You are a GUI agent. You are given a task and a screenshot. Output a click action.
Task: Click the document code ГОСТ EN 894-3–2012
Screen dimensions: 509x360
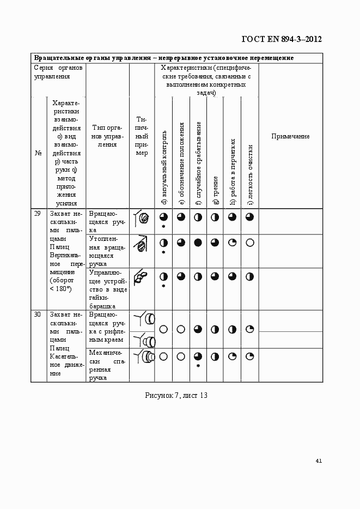pyautogui.click(x=281, y=39)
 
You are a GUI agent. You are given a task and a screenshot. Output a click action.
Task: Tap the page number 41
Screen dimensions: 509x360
pyautogui.click(x=319, y=460)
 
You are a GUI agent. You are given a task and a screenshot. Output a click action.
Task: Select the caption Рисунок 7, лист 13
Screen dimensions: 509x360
pyautogui.click(x=176, y=395)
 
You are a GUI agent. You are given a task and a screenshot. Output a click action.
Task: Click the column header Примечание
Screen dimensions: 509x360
pyautogui.click(x=290, y=136)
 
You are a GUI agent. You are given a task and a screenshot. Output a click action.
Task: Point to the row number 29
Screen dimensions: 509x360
pyautogui.click(x=38, y=214)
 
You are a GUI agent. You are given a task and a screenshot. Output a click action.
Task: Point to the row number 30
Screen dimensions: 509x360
pyautogui.click(x=38, y=314)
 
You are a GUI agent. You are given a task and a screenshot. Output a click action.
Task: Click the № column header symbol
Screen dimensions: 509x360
pyautogui.click(x=39, y=153)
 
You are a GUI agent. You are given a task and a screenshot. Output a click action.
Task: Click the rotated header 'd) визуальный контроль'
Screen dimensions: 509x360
pyautogui.click(x=163, y=169)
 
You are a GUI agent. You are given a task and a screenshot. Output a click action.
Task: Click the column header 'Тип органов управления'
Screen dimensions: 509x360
pyautogui.click(x=107, y=136)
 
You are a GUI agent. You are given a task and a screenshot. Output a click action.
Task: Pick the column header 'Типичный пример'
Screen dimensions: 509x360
pyautogui.click(x=142, y=136)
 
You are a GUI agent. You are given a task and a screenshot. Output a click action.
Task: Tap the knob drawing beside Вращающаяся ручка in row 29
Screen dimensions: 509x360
pyautogui.click(x=142, y=218)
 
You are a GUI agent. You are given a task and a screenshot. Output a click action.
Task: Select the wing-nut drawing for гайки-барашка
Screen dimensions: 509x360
pyautogui.click(x=141, y=277)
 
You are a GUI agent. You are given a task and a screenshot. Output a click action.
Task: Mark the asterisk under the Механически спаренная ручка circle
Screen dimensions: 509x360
pyautogui.click(x=198, y=366)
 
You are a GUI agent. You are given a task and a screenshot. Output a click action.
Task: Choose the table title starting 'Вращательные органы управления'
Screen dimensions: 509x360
pyautogui.click(x=164, y=58)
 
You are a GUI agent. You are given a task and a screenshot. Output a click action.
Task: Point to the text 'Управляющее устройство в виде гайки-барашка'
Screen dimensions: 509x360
pyautogui.click(x=107, y=288)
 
